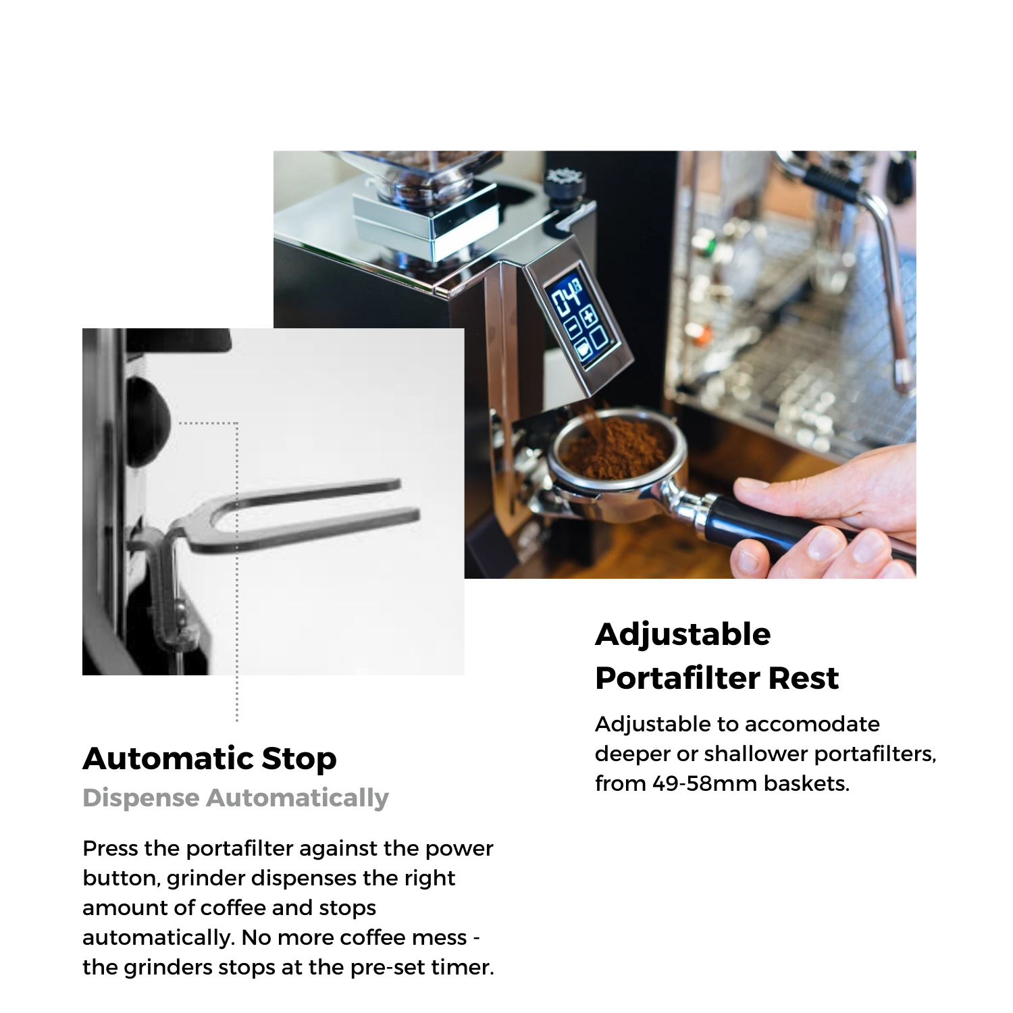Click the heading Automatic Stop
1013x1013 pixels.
[209, 759]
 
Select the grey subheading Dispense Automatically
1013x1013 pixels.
[236, 798]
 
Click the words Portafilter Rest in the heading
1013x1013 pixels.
[717, 678]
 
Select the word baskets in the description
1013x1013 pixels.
[806, 783]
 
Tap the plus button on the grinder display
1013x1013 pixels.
[588, 315]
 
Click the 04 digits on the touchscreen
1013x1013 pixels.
[567, 295]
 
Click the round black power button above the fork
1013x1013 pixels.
[147, 421]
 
